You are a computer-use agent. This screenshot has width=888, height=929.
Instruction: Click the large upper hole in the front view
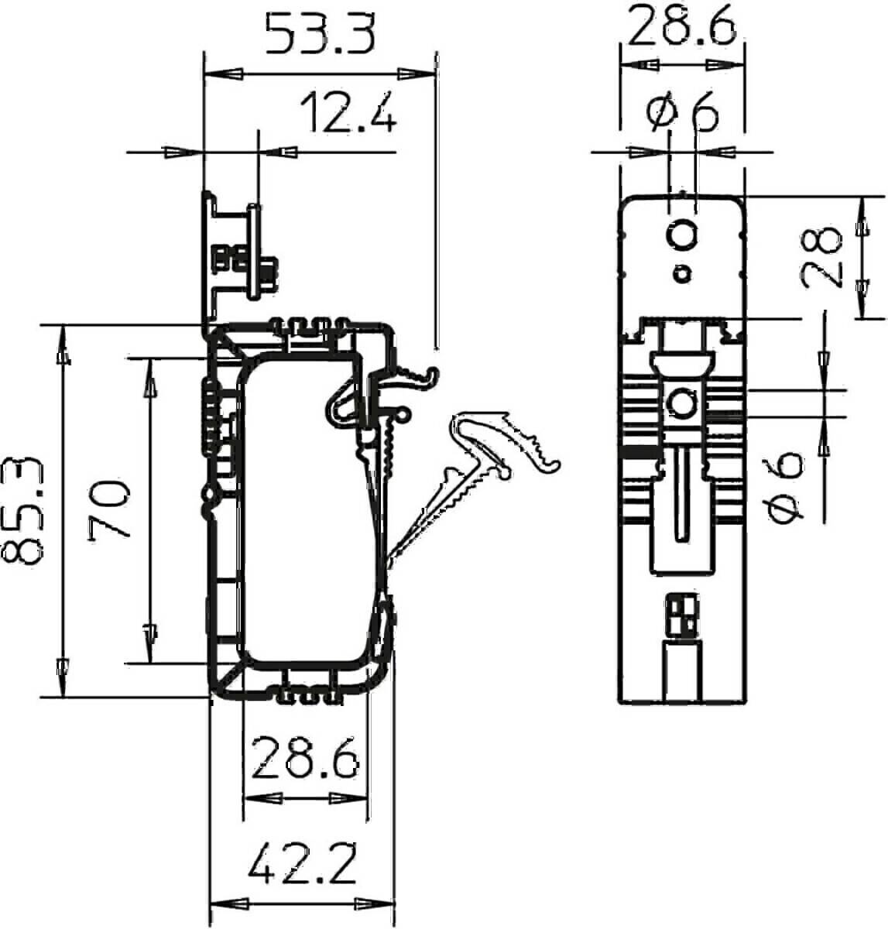tap(683, 235)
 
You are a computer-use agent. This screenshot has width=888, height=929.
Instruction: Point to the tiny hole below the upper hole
tap(682, 273)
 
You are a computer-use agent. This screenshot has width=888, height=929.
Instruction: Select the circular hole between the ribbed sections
tap(682, 403)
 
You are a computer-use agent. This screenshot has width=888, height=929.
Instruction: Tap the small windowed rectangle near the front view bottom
tap(682, 617)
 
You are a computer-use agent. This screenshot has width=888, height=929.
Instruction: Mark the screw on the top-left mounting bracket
tap(266, 273)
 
